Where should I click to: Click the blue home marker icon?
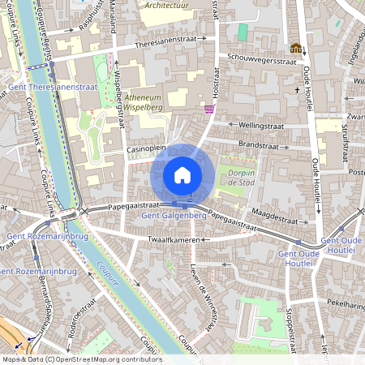tap(182, 175)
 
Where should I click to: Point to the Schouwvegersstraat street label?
tap(251, 59)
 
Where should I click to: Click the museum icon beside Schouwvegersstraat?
tap(295, 49)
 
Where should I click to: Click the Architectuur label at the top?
tap(170, 5)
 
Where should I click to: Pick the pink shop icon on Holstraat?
tap(209, 108)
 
